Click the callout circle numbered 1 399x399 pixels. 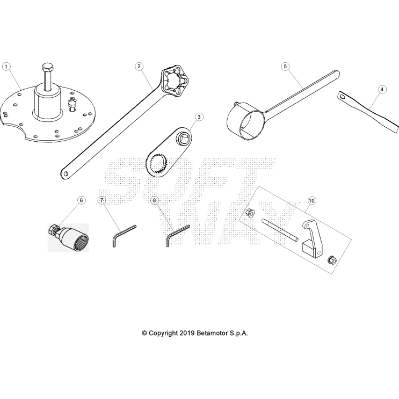click(x=6, y=66)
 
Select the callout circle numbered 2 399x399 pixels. click(x=139, y=66)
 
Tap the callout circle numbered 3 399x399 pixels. click(x=199, y=117)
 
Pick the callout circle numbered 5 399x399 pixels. click(x=286, y=66)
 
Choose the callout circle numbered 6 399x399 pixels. click(x=82, y=200)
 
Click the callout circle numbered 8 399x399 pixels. click(x=155, y=200)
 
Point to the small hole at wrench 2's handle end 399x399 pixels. click(x=65, y=173)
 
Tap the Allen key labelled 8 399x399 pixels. click(x=176, y=233)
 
